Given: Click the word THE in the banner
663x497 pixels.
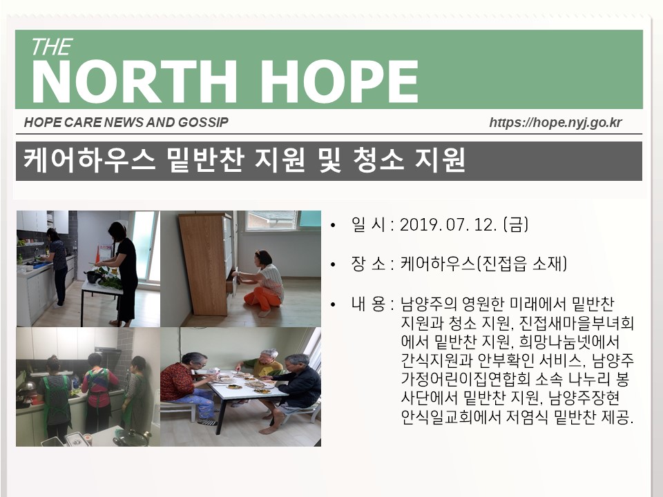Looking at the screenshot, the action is tap(52, 47).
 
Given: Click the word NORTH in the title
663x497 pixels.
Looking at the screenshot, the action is tap(133, 81).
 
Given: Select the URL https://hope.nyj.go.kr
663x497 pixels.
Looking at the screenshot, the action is tap(555, 123).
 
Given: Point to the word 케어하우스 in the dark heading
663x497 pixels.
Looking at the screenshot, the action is tap(89, 160).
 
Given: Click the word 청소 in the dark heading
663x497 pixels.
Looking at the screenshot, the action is tap(378, 160).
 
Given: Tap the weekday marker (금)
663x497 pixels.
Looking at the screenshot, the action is tap(516, 225).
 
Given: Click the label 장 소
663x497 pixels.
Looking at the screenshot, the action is tap(368, 264).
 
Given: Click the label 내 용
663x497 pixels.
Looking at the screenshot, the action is tap(368, 304).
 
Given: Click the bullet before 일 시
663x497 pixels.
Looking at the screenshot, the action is tap(333, 225).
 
